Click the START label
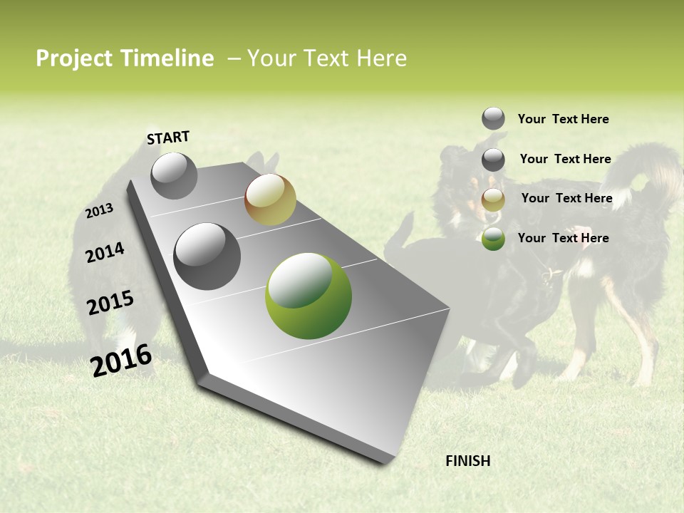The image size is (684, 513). tap(168, 138)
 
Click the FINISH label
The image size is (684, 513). tap(467, 461)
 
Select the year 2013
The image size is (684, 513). tap(99, 211)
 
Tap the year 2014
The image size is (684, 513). tap(105, 253)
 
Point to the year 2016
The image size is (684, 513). tap(121, 360)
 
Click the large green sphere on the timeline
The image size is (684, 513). tap(309, 296)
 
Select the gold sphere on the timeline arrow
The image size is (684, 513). tap(270, 199)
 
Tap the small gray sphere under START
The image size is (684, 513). tap(174, 175)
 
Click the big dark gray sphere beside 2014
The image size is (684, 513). tap(207, 256)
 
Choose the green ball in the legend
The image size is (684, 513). tap(493, 239)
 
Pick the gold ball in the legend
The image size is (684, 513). tap(493, 199)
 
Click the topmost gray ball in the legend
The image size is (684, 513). tap(493, 118)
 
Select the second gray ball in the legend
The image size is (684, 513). tap(493, 160)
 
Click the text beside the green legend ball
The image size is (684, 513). tap(563, 238)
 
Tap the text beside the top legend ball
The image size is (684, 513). tap(563, 119)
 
